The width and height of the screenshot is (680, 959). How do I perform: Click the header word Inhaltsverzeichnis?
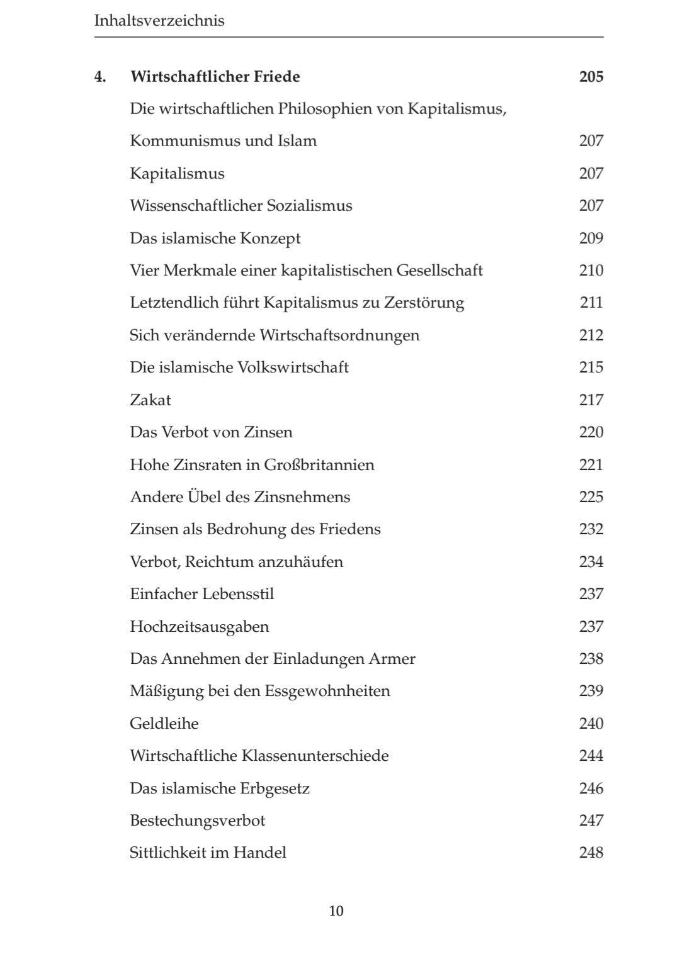(159, 21)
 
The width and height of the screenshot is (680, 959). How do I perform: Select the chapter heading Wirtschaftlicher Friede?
(215, 77)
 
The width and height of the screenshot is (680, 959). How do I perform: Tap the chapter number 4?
(99, 77)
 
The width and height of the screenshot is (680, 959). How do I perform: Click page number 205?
(591, 77)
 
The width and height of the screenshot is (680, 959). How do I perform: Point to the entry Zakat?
(150, 400)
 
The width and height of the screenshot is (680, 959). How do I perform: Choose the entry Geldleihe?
(164, 724)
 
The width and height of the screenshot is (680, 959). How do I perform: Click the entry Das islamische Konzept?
(215, 238)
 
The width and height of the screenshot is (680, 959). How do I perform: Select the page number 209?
(591, 238)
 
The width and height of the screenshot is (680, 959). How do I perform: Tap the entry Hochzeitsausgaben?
(200, 627)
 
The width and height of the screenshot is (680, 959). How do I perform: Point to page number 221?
(591, 465)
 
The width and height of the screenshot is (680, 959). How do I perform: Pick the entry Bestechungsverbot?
(198, 821)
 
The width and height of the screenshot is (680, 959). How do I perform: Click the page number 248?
(591, 853)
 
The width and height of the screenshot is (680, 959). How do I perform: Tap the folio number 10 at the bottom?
(336, 911)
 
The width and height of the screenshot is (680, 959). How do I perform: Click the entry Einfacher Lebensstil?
(202, 594)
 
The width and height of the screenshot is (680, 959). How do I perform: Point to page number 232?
(591, 529)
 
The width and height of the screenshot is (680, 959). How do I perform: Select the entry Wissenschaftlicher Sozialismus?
(241, 206)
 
